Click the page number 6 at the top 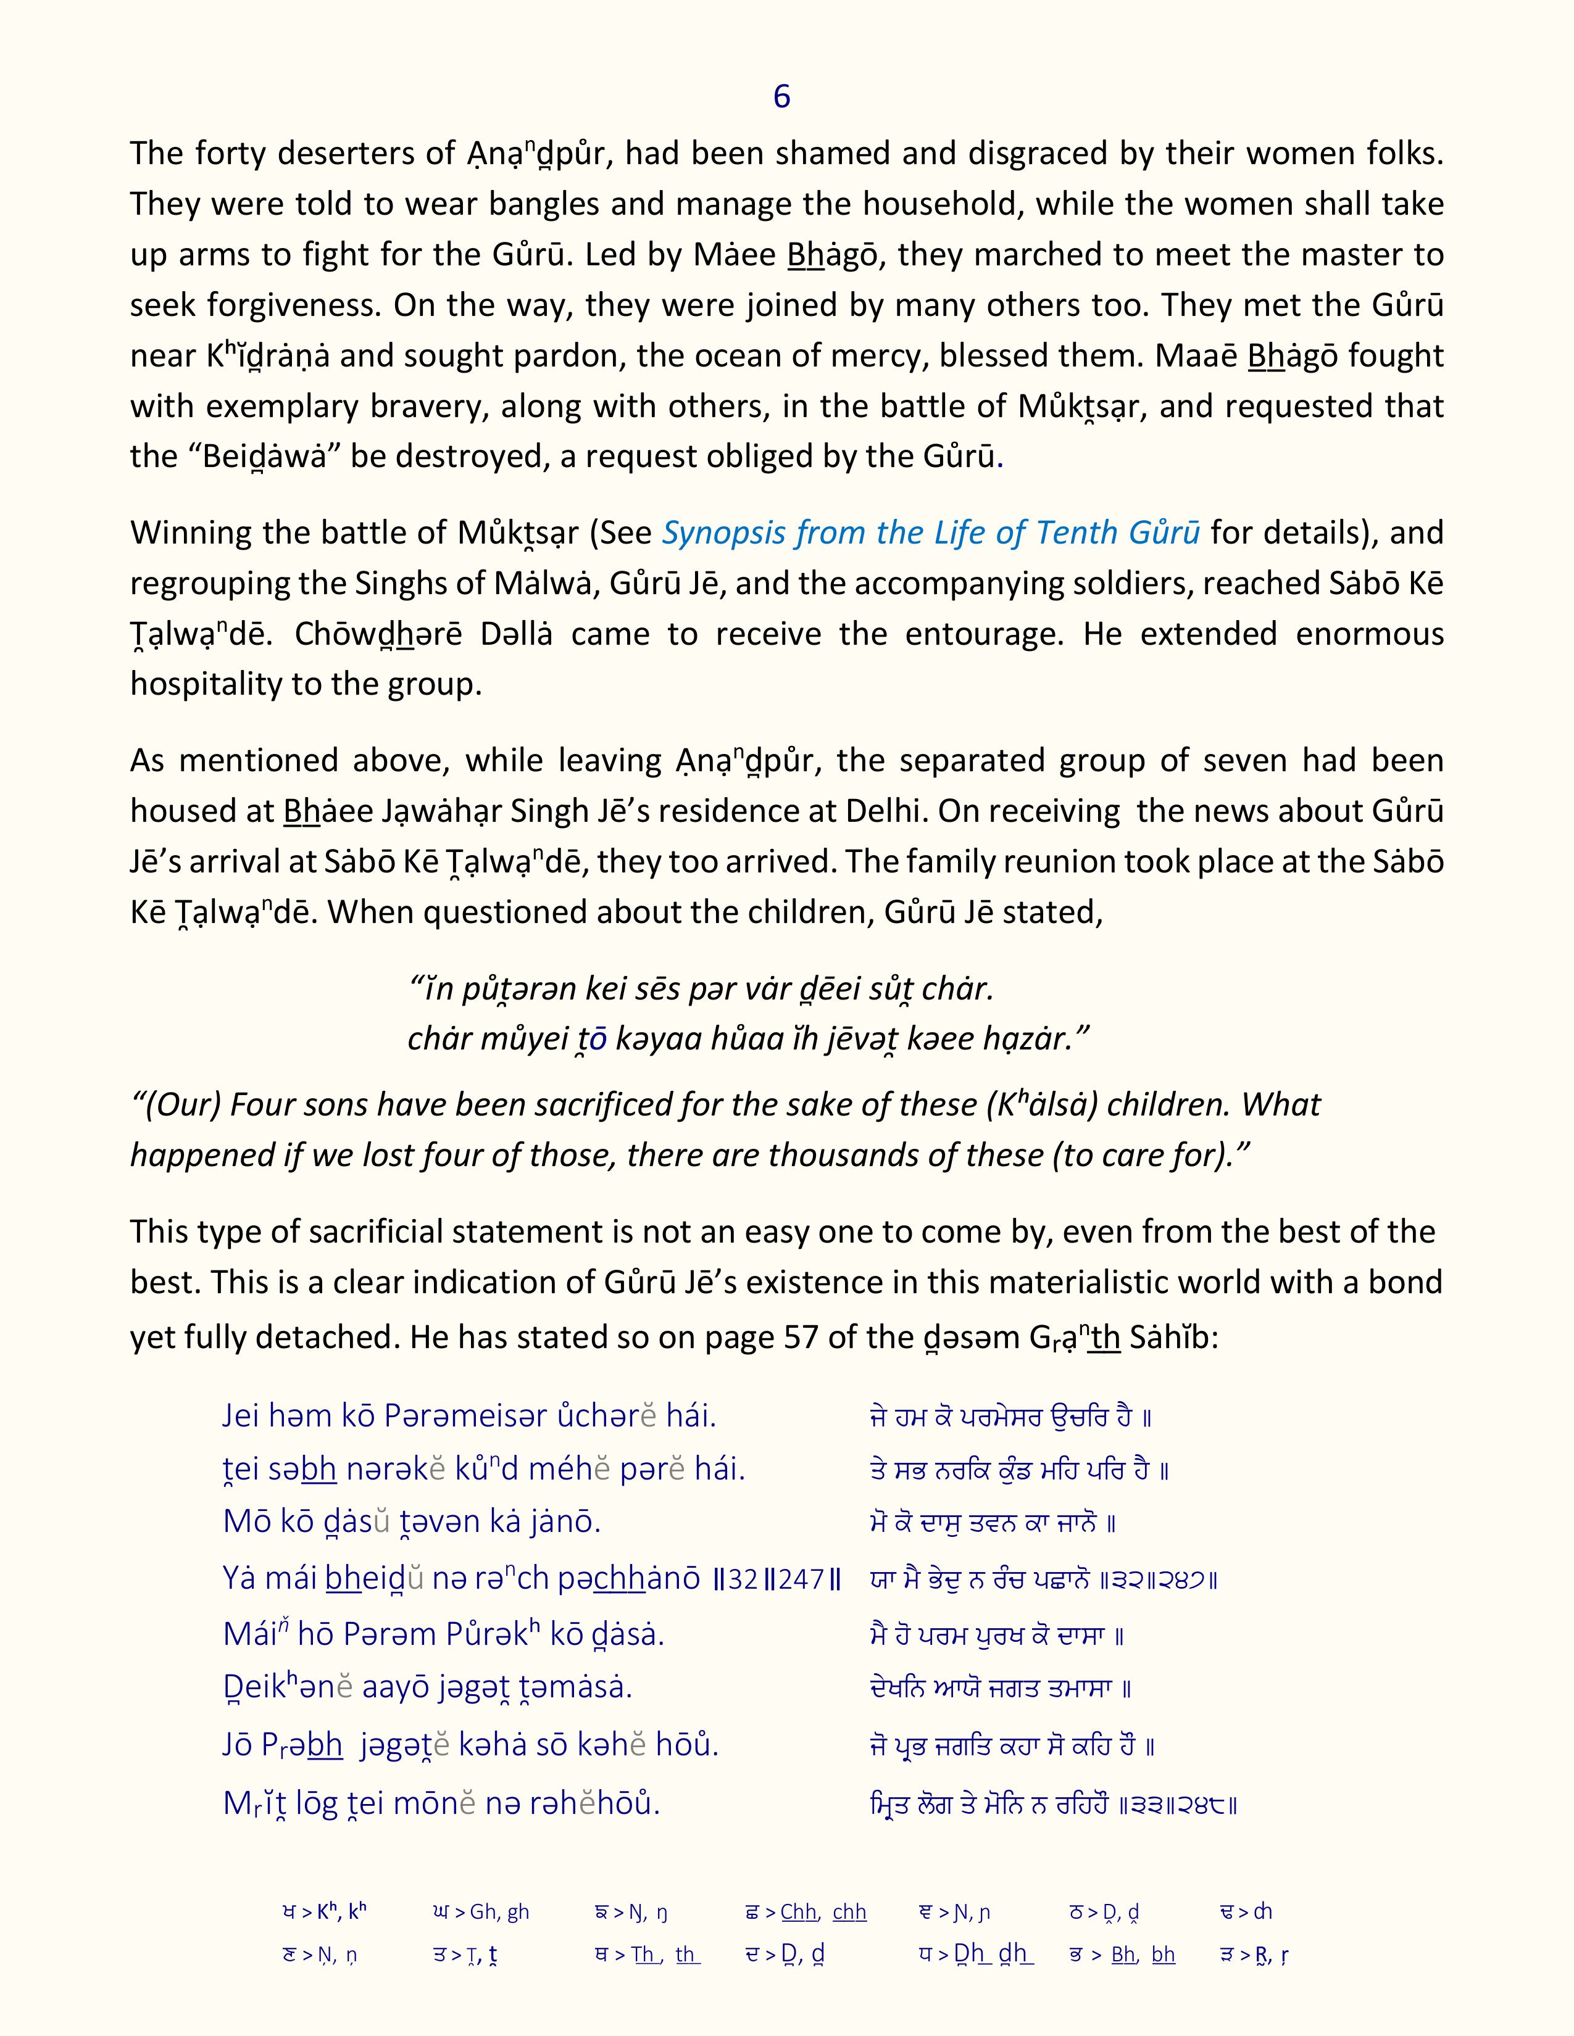point(781,97)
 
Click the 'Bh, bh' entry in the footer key point(1143,1955)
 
